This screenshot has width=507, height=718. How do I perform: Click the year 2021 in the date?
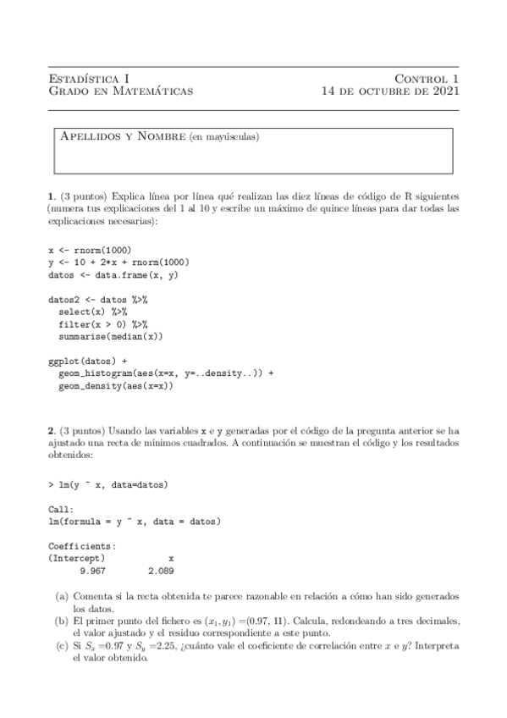click(x=440, y=91)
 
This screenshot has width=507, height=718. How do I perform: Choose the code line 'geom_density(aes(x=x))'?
click(x=116, y=385)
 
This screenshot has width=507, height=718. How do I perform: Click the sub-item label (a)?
click(x=62, y=596)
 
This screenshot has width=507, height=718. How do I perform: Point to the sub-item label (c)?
click(x=62, y=644)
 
